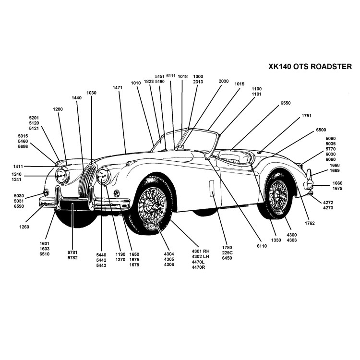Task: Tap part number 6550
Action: tap(286, 103)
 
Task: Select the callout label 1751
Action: tap(307, 116)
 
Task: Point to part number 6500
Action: tap(321, 130)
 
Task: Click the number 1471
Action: tap(118, 88)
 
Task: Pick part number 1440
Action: tap(76, 98)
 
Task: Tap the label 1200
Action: tap(58, 109)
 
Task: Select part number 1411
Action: tap(18, 167)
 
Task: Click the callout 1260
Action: tap(24, 227)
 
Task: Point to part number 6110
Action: tap(262, 245)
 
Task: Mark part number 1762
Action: tap(310, 224)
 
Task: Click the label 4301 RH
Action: tap(201, 251)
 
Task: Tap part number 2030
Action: tap(224, 81)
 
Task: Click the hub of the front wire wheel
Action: tap(152, 207)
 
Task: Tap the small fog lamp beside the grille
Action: tap(116, 193)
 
